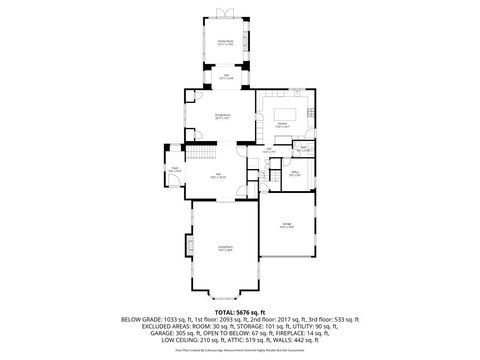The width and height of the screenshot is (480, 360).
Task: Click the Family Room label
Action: pos(226,42)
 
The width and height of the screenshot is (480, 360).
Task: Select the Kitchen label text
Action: pos(283,126)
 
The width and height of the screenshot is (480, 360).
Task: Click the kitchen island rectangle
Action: pos(285,108)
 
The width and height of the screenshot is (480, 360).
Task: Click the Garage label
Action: pos(286,225)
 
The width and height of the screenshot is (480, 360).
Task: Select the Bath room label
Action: pos(302,149)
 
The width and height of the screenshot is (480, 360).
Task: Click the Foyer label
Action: pos(175,170)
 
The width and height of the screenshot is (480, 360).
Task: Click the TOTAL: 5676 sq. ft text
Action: pos(240,312)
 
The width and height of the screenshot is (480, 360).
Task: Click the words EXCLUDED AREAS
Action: pos(160,327)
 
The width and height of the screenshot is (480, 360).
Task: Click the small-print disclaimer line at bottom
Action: pos(240,351)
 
